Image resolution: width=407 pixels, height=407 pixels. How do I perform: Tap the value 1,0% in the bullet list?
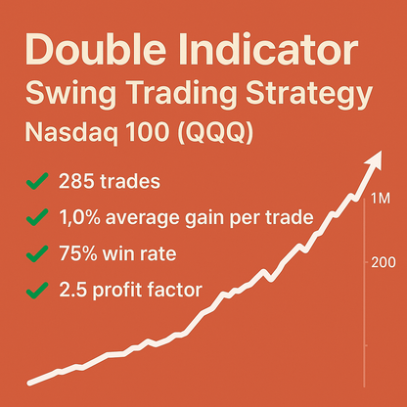tap(81, 217)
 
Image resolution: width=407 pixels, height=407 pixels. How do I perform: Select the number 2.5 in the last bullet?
tap(72, 290)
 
